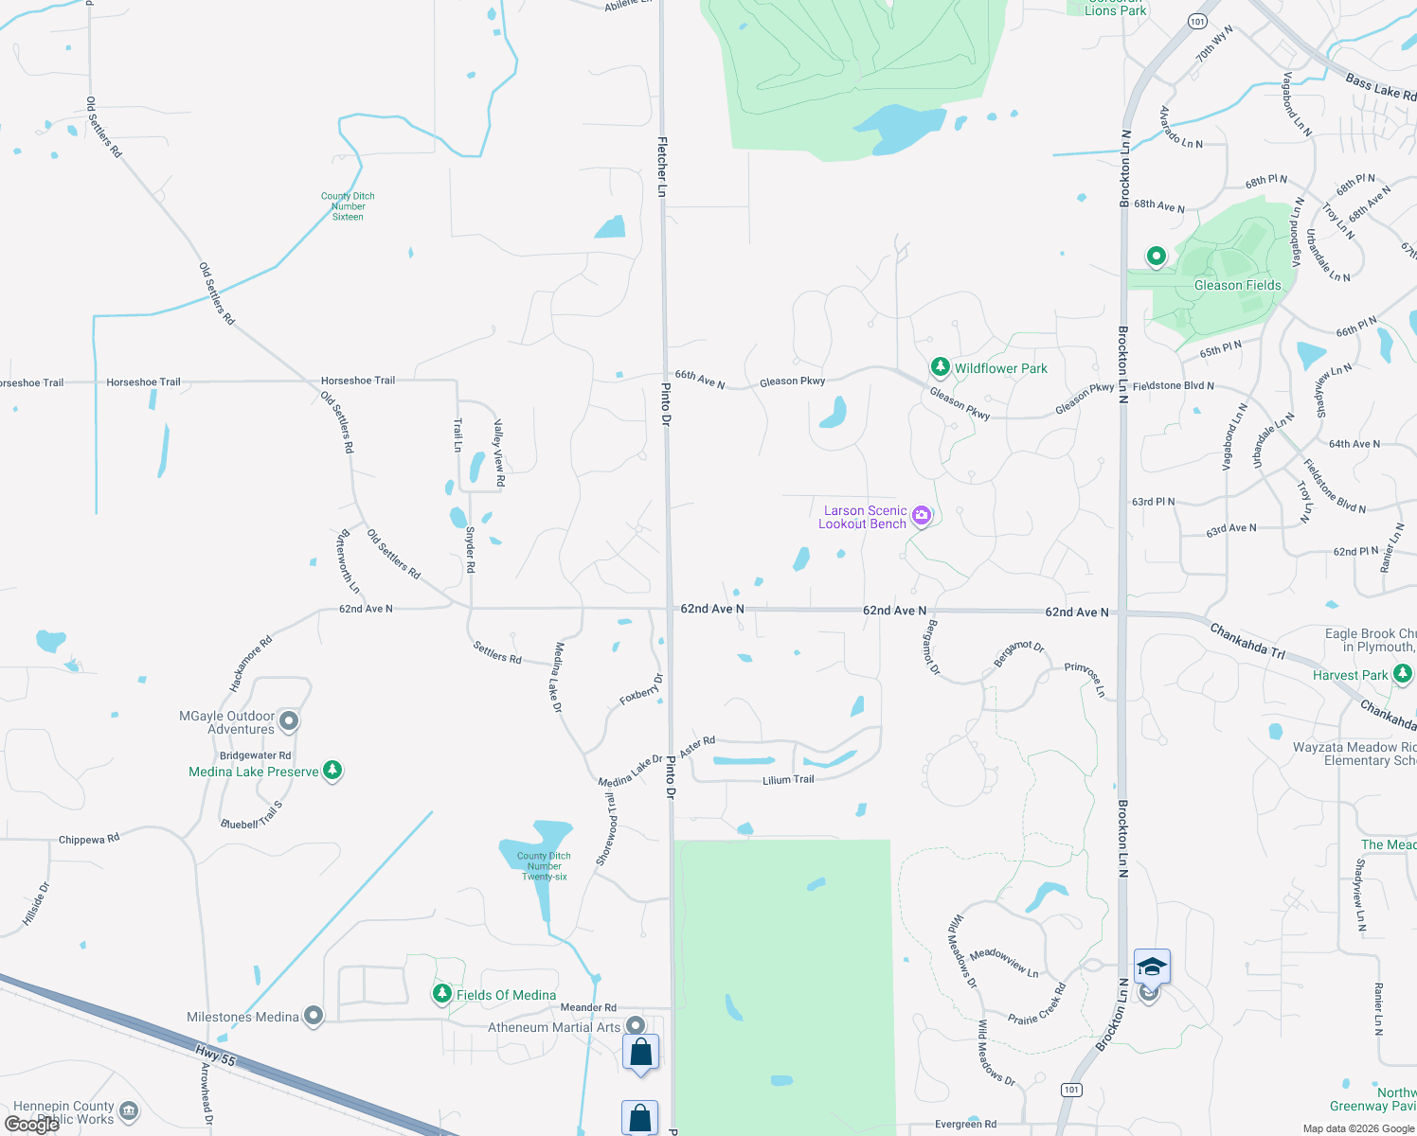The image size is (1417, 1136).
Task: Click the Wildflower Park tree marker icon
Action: tap(940, 366)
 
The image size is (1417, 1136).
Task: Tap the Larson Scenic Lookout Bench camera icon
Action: tap(922, 516)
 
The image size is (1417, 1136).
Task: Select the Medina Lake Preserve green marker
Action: tap(332, 770)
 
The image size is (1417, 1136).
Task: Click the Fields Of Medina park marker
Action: tap(442, 993)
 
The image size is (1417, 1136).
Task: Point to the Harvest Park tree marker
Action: tap(1403, 674)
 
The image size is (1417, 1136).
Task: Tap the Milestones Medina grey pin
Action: tap(314, 1016)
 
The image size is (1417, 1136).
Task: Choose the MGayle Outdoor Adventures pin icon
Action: tap(290, 721)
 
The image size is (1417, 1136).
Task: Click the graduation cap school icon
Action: tap(1152, 967)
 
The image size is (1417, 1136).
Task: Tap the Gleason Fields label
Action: tap(1237, 285)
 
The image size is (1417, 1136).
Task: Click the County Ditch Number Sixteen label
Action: tap(348, 206)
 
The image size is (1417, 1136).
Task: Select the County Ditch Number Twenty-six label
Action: tap(544, 866)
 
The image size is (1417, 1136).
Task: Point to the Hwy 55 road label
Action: tap(215, 1055)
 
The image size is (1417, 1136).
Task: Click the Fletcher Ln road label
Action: tap(662, 167)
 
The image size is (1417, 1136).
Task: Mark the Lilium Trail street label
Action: tap(788, 780)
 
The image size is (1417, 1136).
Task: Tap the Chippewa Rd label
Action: tap(89, 839)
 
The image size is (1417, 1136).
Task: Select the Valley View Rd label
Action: tap(499, 454)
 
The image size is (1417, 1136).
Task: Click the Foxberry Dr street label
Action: tap(641, 689)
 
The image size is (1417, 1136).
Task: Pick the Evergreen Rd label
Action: tap(965, 1125)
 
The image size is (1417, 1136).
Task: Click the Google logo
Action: tap(32, 1125)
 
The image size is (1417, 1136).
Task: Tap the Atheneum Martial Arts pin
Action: tap(636, 1025)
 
